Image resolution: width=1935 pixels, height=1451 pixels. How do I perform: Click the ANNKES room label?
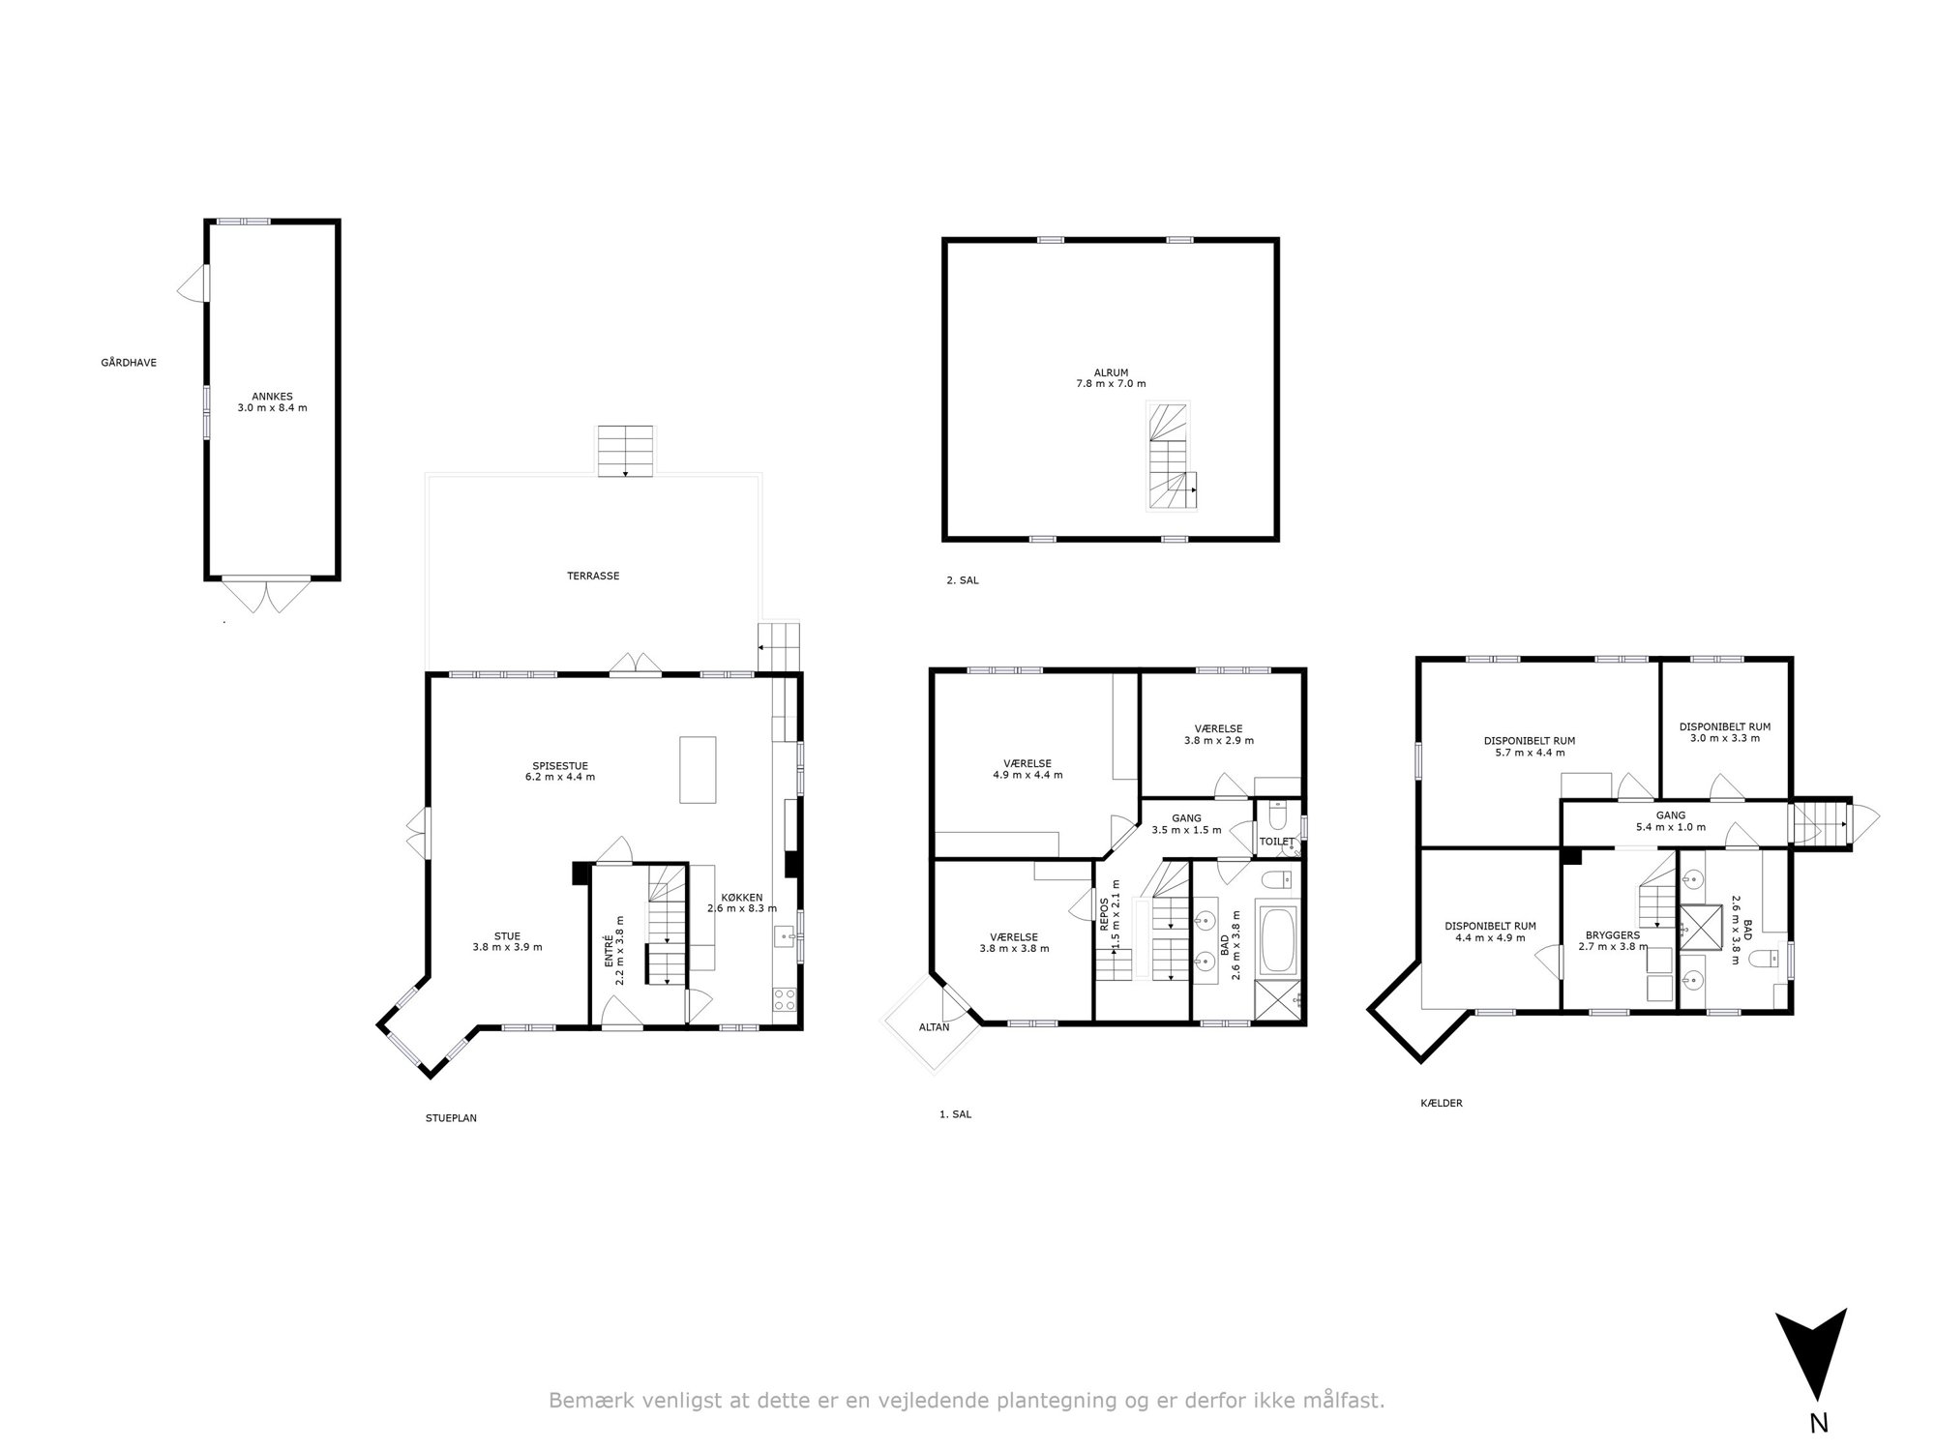click(x=272, y=396)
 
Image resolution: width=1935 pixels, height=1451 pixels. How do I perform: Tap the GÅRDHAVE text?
click(x=129, y=363)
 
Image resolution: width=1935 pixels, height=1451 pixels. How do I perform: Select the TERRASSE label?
click(x=593, y=576)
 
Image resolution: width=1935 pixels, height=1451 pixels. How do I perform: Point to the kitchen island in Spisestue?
click(x=698, y=769)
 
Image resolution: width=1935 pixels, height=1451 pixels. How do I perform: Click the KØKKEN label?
click(x=742, y=896)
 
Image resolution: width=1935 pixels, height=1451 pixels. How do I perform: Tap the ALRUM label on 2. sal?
click(x=1111, y=372)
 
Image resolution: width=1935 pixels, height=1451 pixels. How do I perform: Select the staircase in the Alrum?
click(x=1172, y=456)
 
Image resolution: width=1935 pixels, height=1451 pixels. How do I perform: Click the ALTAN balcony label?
click(x=935, y=1027)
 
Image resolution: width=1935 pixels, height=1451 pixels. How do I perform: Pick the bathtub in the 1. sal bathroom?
click(x=1278, y=938)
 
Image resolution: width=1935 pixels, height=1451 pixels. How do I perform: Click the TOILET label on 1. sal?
click(x=1276, y=842)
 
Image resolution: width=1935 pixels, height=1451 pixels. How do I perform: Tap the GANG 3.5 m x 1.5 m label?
click(x=1186, y=824)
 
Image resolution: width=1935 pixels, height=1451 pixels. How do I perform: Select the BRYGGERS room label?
click(x=1612, y=935)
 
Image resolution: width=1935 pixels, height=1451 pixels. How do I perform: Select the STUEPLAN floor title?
click(x=451, y=1118)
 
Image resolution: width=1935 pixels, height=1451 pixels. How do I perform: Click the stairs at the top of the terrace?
click(x=625, y=451)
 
